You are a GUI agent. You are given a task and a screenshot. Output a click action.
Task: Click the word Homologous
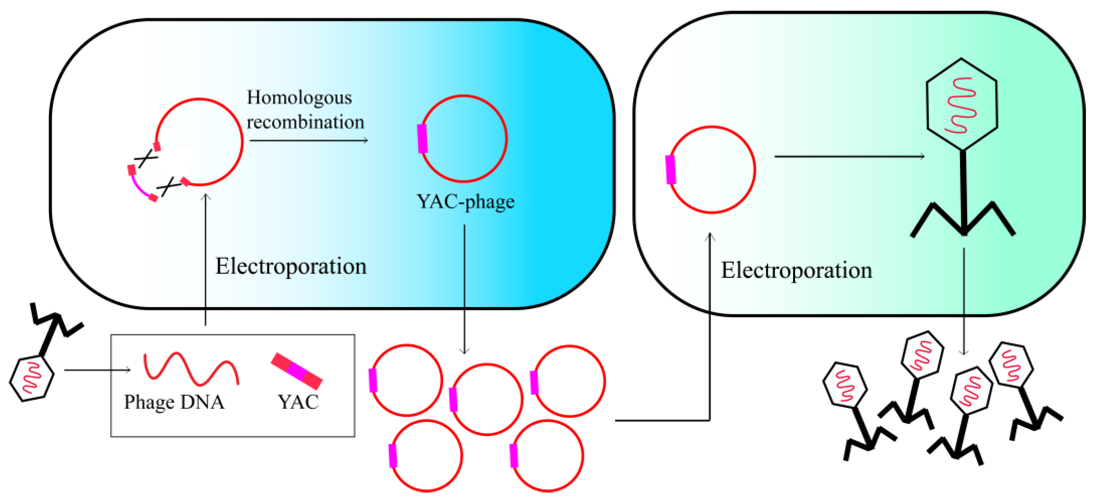point(299,98)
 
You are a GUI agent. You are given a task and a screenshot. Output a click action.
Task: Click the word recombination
point(305,122)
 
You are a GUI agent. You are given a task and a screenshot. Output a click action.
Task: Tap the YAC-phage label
point(465,202)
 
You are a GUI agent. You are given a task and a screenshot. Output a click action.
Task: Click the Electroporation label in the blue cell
point(291,266)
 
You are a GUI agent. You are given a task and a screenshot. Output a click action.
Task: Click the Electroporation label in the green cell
point(796,270)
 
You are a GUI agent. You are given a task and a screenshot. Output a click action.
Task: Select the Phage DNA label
point(174,402)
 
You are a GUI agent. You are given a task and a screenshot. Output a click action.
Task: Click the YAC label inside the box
point(298,402)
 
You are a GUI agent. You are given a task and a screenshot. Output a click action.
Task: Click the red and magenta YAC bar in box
point(297,371)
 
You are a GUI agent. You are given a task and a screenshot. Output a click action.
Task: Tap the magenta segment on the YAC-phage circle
point(422,138)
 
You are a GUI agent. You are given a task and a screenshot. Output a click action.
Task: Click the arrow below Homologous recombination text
point(309,141)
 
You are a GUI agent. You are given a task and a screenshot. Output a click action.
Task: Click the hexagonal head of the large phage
point(962,105)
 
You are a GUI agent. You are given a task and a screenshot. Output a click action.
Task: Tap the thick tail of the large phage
point(964,191)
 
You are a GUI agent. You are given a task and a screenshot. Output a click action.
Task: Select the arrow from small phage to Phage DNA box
point(97,370)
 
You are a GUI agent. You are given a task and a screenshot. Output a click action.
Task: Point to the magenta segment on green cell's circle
point(671,170)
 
